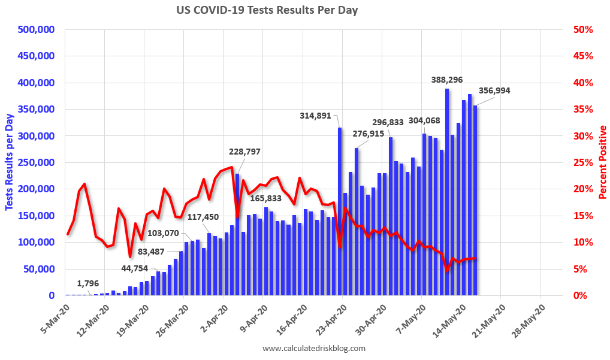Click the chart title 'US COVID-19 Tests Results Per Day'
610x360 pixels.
[x=267, y=10]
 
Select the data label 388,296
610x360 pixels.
[x=447, y=79]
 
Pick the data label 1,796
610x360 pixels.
[x=87, y=283]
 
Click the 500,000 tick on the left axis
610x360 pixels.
[x=35, y=29]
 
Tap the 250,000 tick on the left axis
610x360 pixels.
[x=35, y=162]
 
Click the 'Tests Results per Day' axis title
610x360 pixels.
[x=9, y=162]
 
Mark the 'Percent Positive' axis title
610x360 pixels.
[x=602, y=162]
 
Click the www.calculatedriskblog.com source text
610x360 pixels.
[x=313, y=348]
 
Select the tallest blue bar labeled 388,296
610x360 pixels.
[x=447, y=192]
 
